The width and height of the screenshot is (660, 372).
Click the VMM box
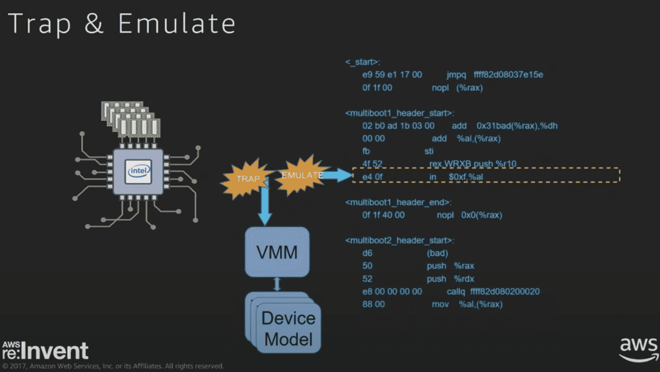pyautogui.click(x=277, y=252)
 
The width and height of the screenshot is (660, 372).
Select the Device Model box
pyautogui.click(x=283, y=322)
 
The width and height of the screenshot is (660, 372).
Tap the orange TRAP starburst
pyautogui.click(x=247, y=179)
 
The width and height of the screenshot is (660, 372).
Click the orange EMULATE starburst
pyautogui.click(x=302, y=175)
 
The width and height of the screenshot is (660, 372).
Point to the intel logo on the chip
pyautogui.click(x=138, y=171)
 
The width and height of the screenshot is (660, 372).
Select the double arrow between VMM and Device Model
pyautogui.click(x=277, y=284)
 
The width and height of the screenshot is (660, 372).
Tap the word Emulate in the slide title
pyautogui.click(x=177, y=23)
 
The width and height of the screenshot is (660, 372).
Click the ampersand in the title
pyautogui.click(x=94, y=23)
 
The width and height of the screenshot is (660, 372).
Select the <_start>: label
pyautogui.click(x=363, y=62)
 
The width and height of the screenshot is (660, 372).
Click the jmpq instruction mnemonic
pyautogui.click(x=456, y=75)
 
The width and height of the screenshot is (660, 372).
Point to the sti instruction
pyautogui.click(x=429, y=151)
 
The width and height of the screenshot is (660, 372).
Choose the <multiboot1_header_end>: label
pyautogui.click(x=399, y=202)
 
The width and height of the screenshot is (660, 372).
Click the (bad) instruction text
pyautogui.click(x=437, y=253)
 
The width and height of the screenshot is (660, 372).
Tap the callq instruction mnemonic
pyautogui.click(x=456, y=292)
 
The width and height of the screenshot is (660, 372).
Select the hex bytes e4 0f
pyautogui.click(x=372, y=177)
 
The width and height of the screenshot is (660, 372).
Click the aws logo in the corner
pyautogui.click(x=639, y=350)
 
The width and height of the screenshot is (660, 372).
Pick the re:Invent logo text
pyautogui.click(x=45, y=350)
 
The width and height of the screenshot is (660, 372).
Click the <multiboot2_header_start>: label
pyautogui.click(x=399, y=240)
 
